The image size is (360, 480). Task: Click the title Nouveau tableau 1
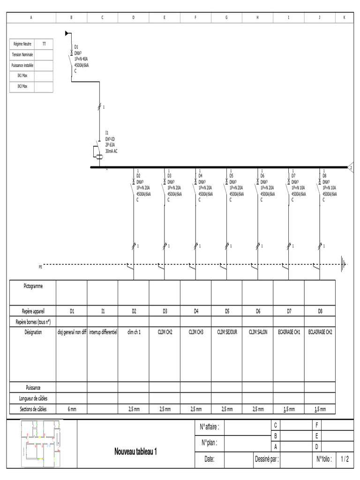point(135,452)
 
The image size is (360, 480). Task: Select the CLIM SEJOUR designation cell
point(227,332)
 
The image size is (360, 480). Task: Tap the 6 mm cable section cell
point(71,409)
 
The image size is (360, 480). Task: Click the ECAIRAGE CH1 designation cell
point(289,332)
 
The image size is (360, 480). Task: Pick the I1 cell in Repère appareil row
point(103,311)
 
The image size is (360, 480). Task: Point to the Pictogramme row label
point(33,286)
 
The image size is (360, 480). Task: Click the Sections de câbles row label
point(33,409)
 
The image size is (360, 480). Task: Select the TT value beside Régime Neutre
point(44,44)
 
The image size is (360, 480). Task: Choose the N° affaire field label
point(210,427)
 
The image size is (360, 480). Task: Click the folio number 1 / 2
point(345,459)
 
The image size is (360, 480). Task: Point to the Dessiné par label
point(267,459)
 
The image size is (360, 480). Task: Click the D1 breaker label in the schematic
point(76,46)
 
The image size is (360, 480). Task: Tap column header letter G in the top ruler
point(227,17)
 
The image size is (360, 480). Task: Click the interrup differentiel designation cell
point(103,332)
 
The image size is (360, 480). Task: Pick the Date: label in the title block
point(210,459)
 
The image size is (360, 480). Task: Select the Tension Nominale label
point(22,55)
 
